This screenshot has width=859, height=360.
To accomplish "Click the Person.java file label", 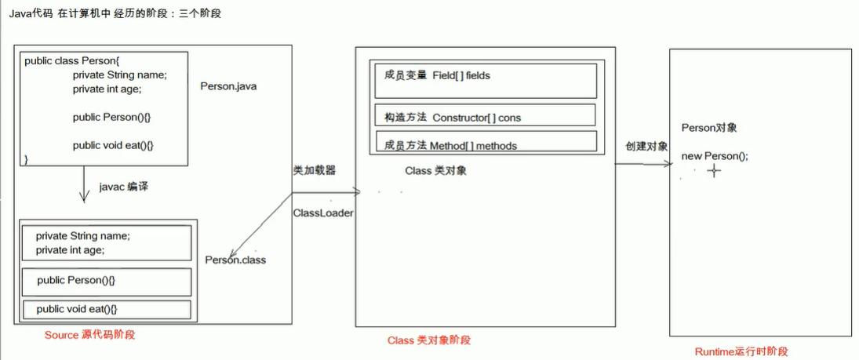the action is point(228,86).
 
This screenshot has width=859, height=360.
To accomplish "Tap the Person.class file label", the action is point(235,260).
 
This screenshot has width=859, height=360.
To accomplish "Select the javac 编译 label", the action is point(124,187).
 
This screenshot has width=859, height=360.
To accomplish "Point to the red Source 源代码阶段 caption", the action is point(89,335).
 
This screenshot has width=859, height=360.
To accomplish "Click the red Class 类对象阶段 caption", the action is point(429,340).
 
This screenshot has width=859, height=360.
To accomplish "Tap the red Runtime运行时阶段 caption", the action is point(741,352).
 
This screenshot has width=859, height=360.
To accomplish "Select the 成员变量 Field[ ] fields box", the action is point(485,80).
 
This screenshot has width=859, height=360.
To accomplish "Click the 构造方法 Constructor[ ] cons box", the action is point(485,115).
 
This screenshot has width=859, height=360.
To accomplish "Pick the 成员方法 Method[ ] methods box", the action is point(485,143).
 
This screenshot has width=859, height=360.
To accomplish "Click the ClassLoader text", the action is point(322,213).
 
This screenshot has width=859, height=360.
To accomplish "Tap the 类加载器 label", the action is point(314,170).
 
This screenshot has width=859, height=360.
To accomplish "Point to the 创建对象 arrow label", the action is point(646,146).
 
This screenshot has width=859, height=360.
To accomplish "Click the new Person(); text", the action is point(715,156).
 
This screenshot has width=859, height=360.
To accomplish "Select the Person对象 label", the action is point(709,128).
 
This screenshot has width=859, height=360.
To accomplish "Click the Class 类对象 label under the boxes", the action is point(435,170).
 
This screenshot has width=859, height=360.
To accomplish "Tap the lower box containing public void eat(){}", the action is point(107,309).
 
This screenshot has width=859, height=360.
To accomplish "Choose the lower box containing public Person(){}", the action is point(107,281).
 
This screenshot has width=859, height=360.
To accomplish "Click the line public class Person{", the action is point(72,60).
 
